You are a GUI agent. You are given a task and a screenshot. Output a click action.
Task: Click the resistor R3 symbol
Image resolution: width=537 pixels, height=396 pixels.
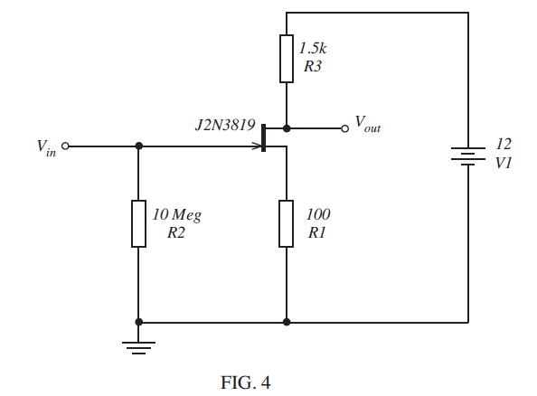coord(286,59)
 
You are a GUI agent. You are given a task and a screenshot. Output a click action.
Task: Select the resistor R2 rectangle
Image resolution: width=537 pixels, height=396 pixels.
coord(138,224)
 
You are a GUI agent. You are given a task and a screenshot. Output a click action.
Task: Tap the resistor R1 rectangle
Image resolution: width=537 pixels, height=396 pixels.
coord(286,224)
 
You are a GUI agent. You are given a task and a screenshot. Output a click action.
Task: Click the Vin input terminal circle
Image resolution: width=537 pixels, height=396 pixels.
coord(64,146)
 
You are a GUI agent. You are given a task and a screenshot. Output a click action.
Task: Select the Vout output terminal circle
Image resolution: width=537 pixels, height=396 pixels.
coord(344,127)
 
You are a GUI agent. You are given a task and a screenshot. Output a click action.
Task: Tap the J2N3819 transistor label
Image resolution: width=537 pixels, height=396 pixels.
coord(223,125)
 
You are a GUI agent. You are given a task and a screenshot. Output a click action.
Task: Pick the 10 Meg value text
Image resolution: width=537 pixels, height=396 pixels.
coord(176,215)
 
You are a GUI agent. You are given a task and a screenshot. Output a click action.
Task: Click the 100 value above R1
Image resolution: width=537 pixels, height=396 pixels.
coord(318,215)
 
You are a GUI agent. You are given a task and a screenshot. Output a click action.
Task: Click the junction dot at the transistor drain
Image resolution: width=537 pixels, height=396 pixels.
coord(286,127)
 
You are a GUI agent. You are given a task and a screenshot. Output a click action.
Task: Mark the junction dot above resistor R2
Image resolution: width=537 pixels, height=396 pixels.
coord(138,146)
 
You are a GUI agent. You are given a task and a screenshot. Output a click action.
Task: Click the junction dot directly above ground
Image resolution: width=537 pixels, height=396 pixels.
coord(138,321)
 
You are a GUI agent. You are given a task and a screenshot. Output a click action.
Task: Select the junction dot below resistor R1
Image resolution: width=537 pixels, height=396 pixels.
coord(286,321)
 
